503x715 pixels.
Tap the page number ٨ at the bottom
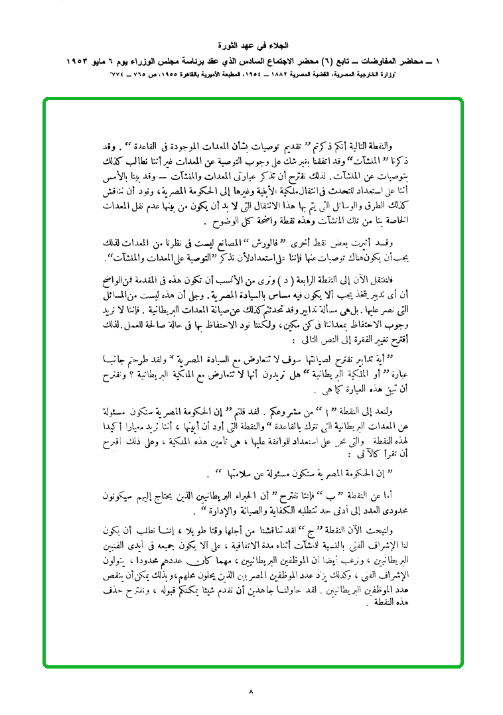tap(251, 692)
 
